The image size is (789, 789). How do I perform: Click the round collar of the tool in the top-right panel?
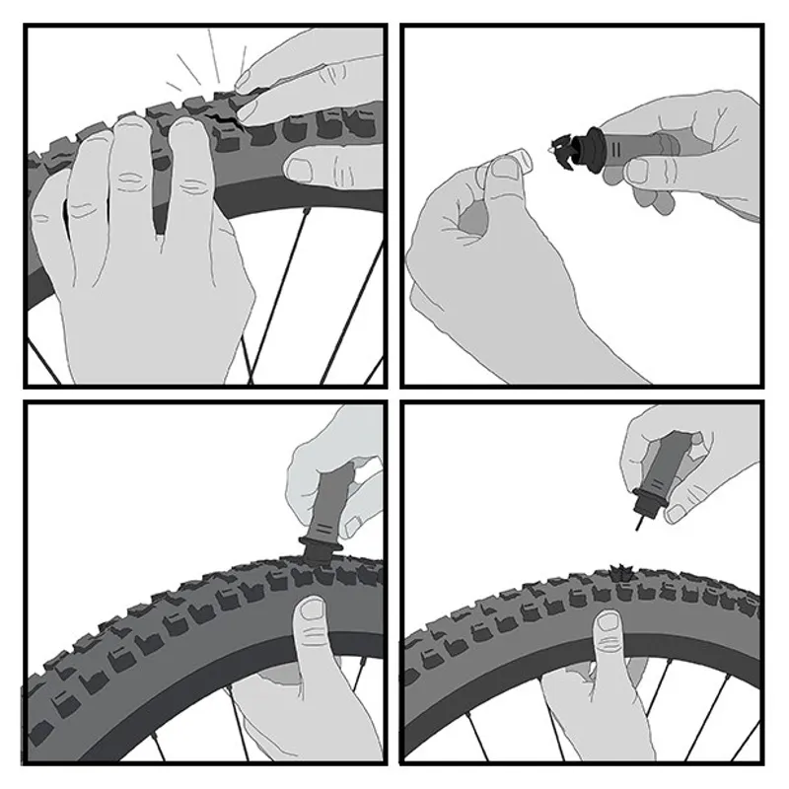[x=593, y=148]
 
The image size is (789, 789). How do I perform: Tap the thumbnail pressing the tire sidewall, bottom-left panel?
[x=313, y=611]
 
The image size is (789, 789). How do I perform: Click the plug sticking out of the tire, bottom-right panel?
[x=625, y=570]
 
